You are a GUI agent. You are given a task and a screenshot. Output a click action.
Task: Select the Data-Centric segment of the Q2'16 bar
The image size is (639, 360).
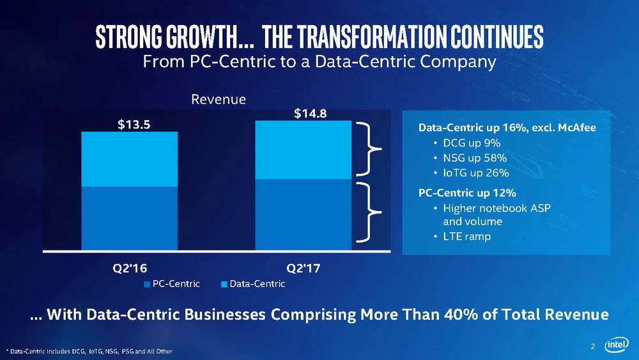[x=129, y=159]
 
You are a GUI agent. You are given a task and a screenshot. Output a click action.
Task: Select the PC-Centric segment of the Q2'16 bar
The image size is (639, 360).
[x=129, y=217]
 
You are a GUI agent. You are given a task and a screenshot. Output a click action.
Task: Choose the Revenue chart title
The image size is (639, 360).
[x=219, y=100]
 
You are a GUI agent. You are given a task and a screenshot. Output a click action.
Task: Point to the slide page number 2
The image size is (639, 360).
[x=593, y=347]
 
